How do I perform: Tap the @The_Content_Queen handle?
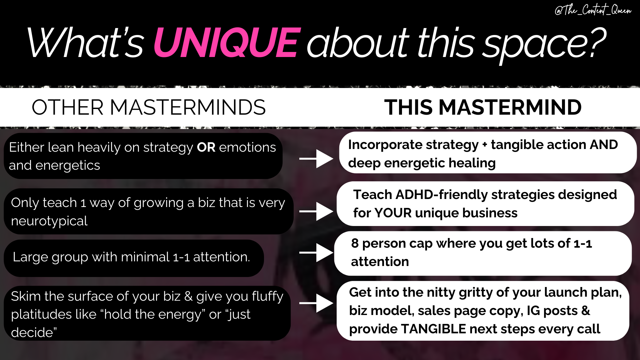[x=593, y=10]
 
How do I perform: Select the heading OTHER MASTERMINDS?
[x=149, y=107]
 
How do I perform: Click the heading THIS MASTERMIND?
[x=483, y=107]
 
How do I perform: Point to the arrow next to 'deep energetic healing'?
[x=316, y=159]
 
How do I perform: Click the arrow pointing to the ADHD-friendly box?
[x=316, y=211]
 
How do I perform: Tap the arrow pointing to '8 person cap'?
[x=316, y=253]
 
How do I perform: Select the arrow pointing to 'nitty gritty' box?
[x=316, y=303]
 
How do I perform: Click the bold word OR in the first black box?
[x=206, y=147]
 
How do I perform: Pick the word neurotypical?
[x=49, y=221]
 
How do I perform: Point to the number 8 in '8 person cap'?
[x=355, y=243]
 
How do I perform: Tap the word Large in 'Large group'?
[x=30, y=257]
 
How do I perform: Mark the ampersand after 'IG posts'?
[x=586, y=311]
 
